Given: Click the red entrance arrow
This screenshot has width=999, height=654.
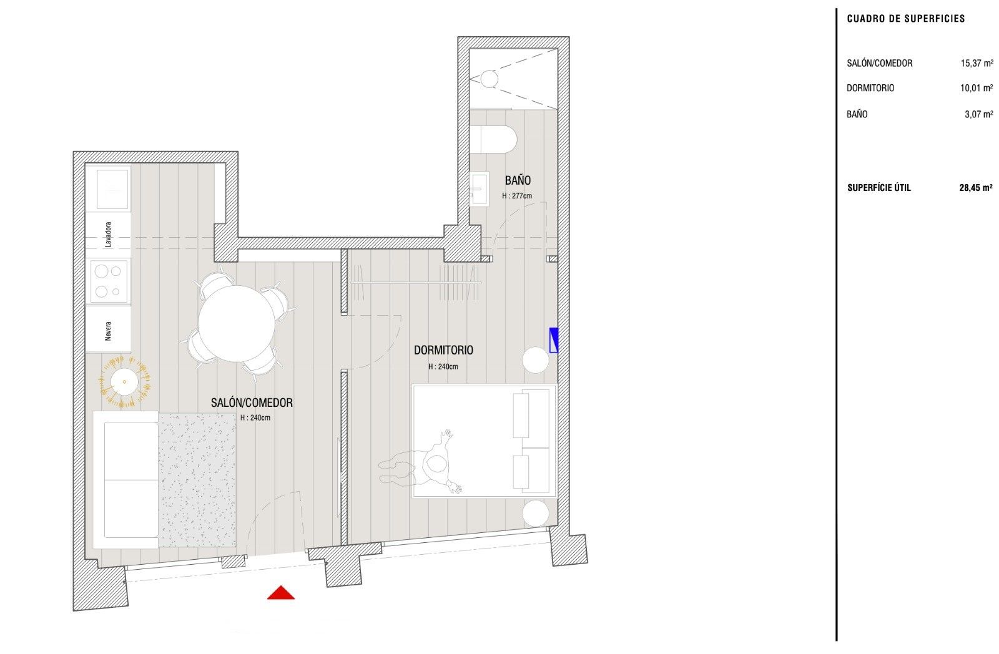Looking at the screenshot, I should click(x=280, y=593).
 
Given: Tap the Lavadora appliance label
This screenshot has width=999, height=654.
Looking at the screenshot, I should click(x=109, y=235).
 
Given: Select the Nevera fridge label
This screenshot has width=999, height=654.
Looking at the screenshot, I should click(x=109, y=329).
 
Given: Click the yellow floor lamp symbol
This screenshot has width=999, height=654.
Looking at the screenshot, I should click(x=125, y=381).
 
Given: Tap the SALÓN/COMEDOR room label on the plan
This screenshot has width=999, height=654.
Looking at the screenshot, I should click(x=252, y=403).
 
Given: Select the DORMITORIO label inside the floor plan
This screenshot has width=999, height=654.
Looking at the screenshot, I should click(x=443, y=350).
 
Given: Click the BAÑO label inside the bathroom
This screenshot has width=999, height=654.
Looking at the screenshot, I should click(x=518, y=180).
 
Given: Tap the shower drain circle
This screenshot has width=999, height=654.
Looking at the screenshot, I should click(x=488, y=79).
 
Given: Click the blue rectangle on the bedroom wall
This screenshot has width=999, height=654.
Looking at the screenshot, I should click(x=553, y=340).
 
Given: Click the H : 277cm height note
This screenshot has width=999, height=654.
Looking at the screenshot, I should click(x=518, y=195).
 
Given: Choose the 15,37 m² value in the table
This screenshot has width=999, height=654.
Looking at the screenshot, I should click(x=976, y=63).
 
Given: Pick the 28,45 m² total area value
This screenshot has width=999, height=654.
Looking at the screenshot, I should click(x=975, y=187).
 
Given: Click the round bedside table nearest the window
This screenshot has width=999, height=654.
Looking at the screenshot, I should click(x=536, y=514).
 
